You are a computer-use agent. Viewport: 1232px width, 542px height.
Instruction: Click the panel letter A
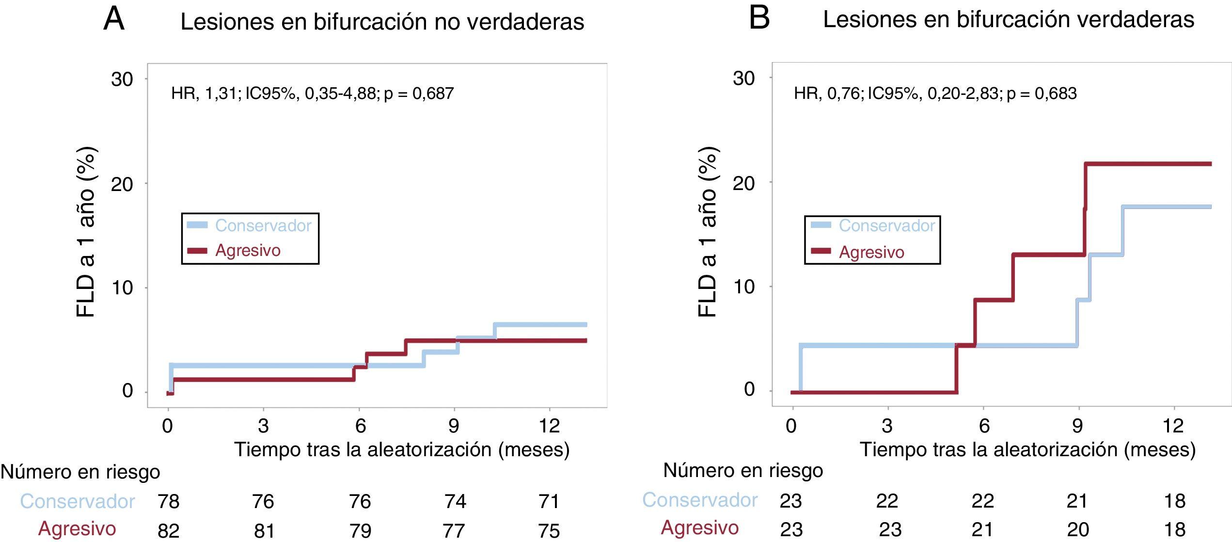coord(114,20)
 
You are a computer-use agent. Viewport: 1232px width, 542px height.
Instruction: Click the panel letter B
coord(759,19)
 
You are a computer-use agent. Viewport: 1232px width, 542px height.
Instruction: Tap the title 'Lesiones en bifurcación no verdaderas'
coord(382,22)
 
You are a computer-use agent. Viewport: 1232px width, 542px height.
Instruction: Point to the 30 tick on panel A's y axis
coord(122,79)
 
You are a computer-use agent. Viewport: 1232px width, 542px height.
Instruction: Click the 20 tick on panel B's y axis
coord(743,183)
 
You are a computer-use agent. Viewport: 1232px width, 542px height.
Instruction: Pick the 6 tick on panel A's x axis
coord(360,426)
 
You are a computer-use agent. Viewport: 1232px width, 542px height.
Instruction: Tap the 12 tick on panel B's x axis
coord(1173,426)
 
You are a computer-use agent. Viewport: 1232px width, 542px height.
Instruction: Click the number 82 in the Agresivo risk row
coord(169,530)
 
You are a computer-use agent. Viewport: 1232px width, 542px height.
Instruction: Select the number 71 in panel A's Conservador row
coord(549,501)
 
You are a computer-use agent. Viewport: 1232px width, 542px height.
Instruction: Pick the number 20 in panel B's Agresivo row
coord(1078,530)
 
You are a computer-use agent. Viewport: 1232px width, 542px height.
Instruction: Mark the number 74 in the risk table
coord(455,501)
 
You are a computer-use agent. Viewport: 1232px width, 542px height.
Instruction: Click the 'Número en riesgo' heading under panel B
coord(742,470)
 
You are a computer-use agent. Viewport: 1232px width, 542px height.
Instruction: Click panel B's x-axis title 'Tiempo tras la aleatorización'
coord(1027,449)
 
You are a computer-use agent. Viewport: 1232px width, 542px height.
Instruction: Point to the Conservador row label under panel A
coord(77,501)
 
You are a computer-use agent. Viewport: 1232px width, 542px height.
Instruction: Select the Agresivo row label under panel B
coord(699,527)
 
